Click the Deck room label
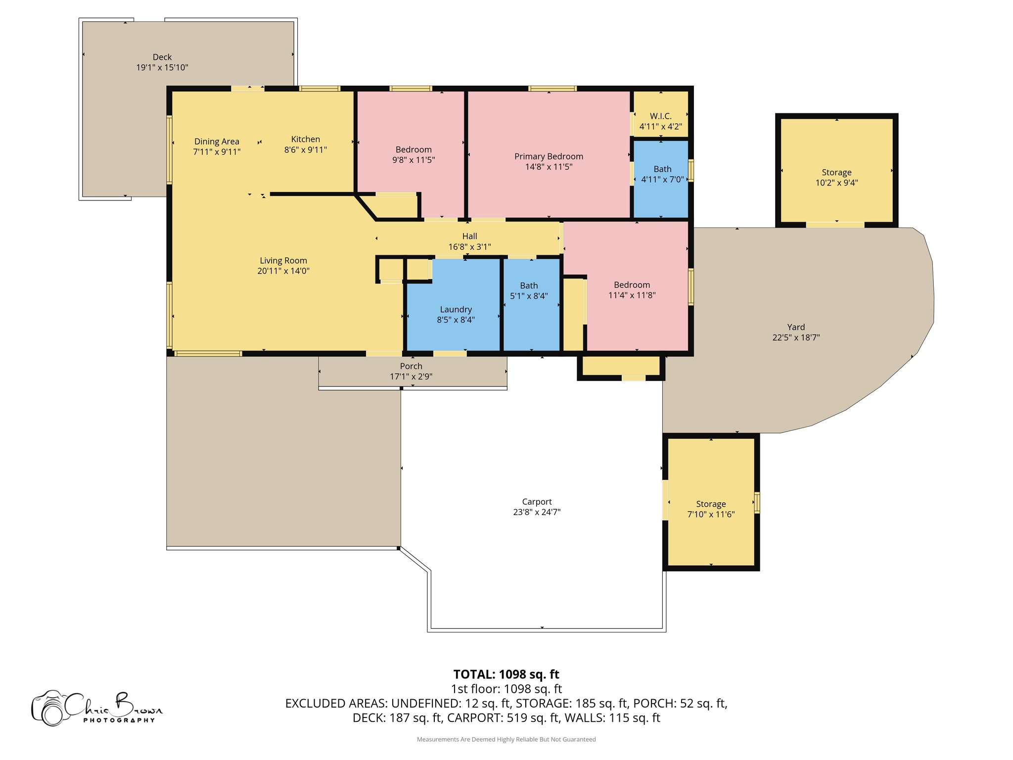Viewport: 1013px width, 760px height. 162,57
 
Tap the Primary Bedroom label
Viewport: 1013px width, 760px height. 549,157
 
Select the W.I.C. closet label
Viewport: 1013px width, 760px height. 660,116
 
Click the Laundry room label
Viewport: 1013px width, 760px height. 456,310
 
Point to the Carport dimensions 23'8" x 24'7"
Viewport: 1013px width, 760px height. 537,512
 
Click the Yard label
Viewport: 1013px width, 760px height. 796,327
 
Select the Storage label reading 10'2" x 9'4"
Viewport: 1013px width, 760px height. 836,173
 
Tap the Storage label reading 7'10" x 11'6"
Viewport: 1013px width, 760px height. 711,504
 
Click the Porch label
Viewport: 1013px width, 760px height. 411,366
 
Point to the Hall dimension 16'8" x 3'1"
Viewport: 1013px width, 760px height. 469,247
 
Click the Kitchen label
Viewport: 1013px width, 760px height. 305,140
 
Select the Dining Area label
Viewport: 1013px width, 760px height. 217,142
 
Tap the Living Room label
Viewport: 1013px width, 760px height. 283,261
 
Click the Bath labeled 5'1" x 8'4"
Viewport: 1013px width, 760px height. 529,286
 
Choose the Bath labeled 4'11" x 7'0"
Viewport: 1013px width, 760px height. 662,169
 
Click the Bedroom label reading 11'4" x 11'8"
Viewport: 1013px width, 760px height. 632,285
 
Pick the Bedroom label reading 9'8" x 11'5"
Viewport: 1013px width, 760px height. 414,150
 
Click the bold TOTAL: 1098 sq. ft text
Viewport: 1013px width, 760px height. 506,674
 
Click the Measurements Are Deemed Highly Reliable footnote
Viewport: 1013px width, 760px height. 506,739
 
